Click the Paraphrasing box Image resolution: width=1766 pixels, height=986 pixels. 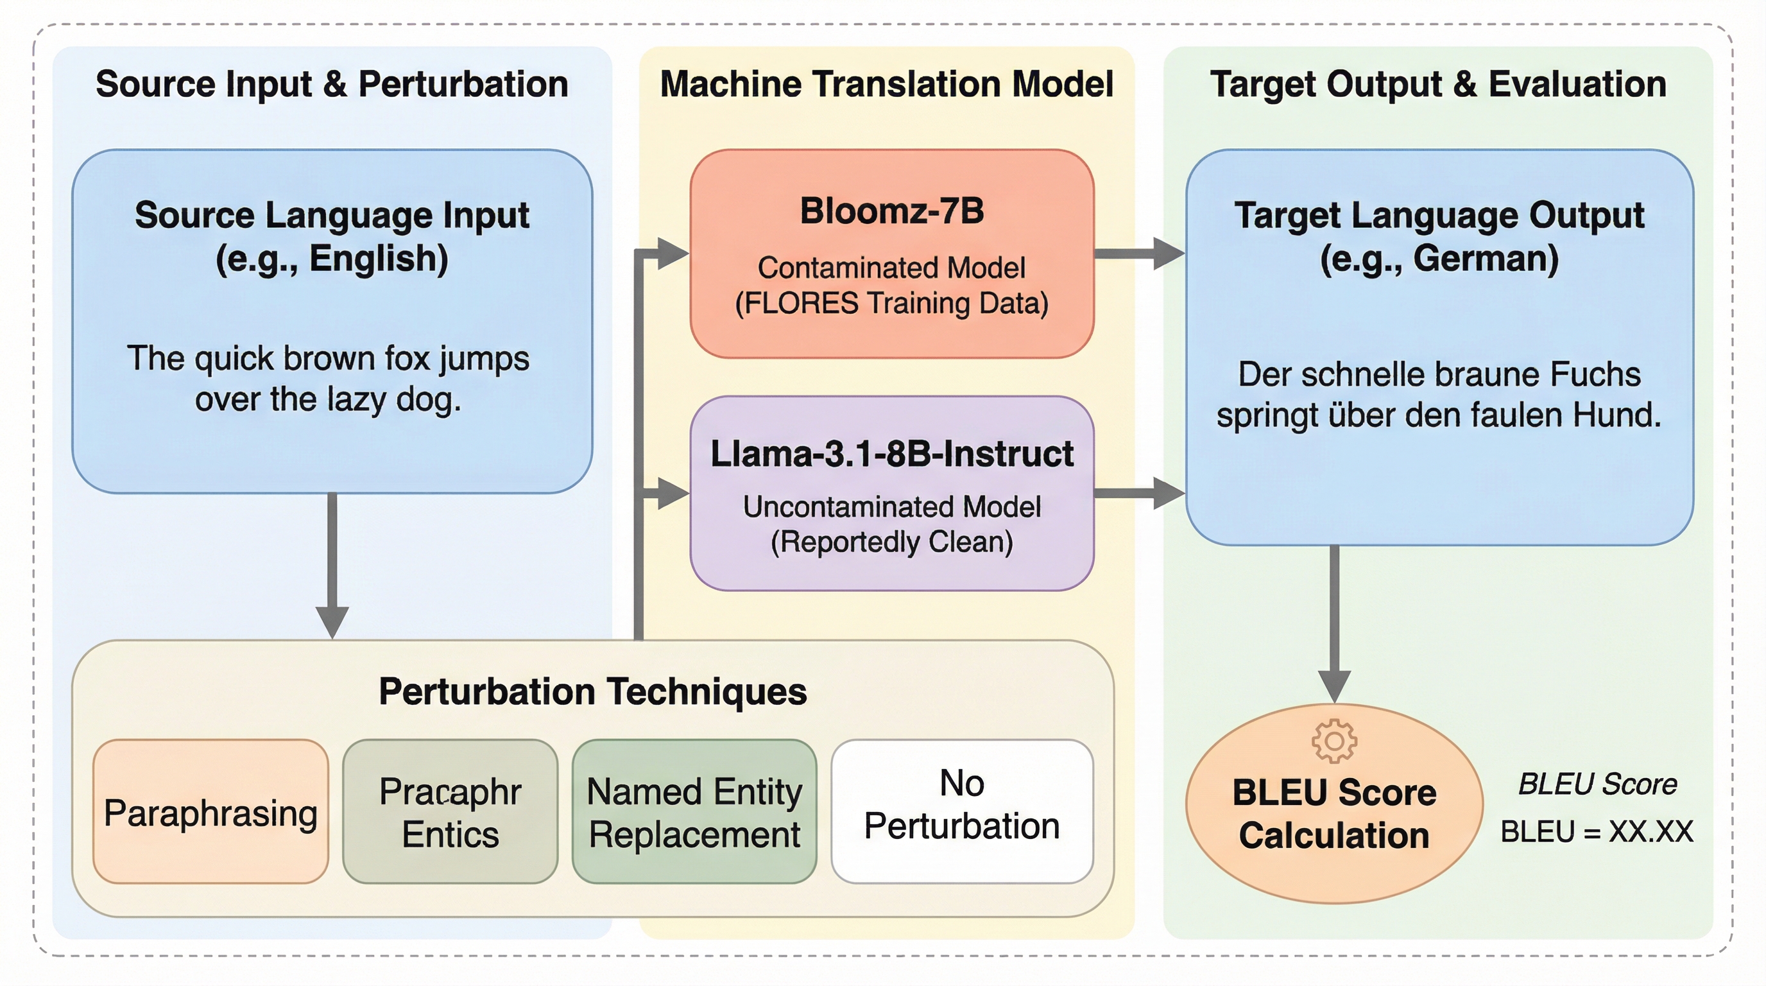[210, 812]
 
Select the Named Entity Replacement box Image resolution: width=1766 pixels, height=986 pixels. [694, 812]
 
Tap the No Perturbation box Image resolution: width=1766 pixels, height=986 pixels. [962, 812]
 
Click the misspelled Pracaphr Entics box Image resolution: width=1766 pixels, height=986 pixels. [450, 812]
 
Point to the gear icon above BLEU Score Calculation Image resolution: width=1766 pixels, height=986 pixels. [1333, 741]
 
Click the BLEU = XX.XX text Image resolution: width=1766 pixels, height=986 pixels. [1597, 832]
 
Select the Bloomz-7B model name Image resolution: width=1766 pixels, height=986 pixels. [891, 211]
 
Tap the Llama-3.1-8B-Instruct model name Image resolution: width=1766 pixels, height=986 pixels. [891, 454]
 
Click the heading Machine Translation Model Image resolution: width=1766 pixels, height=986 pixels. [886, 84]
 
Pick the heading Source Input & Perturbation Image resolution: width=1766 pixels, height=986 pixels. [332, 84]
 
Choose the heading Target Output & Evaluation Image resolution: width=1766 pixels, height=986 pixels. [1437, 84]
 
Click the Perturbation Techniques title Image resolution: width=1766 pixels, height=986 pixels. [592, 691]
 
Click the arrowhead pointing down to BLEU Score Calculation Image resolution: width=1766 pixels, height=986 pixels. [1334, 686]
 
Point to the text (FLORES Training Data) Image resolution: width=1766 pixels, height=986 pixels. [891, 303]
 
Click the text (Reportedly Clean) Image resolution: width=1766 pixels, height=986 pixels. [891, 542]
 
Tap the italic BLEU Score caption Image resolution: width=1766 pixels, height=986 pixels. [1597, 784]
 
